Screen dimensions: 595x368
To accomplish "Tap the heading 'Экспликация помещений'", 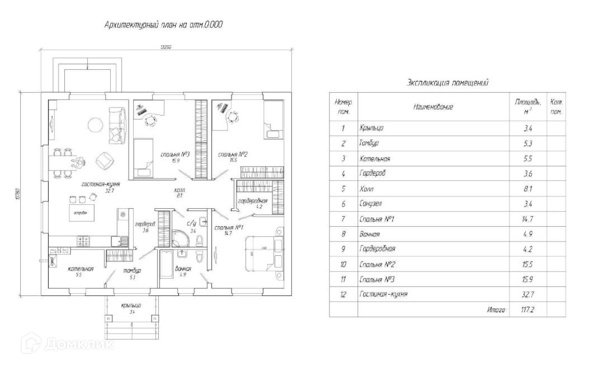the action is click(x=447, y=83).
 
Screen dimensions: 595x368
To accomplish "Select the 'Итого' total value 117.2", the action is click(x=527, y=309).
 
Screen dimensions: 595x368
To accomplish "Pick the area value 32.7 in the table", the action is click(x=527, y=294).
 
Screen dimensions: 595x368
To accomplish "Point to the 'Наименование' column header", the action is click(x=433, y=107).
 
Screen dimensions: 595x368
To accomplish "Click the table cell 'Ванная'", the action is click(x=371, y=234).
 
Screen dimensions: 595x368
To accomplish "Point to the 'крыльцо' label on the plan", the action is click(x=131, y=305).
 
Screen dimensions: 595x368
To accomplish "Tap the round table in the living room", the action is click(x=95, y=125).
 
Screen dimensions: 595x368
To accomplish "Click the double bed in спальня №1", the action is click(x=263, y=252).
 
